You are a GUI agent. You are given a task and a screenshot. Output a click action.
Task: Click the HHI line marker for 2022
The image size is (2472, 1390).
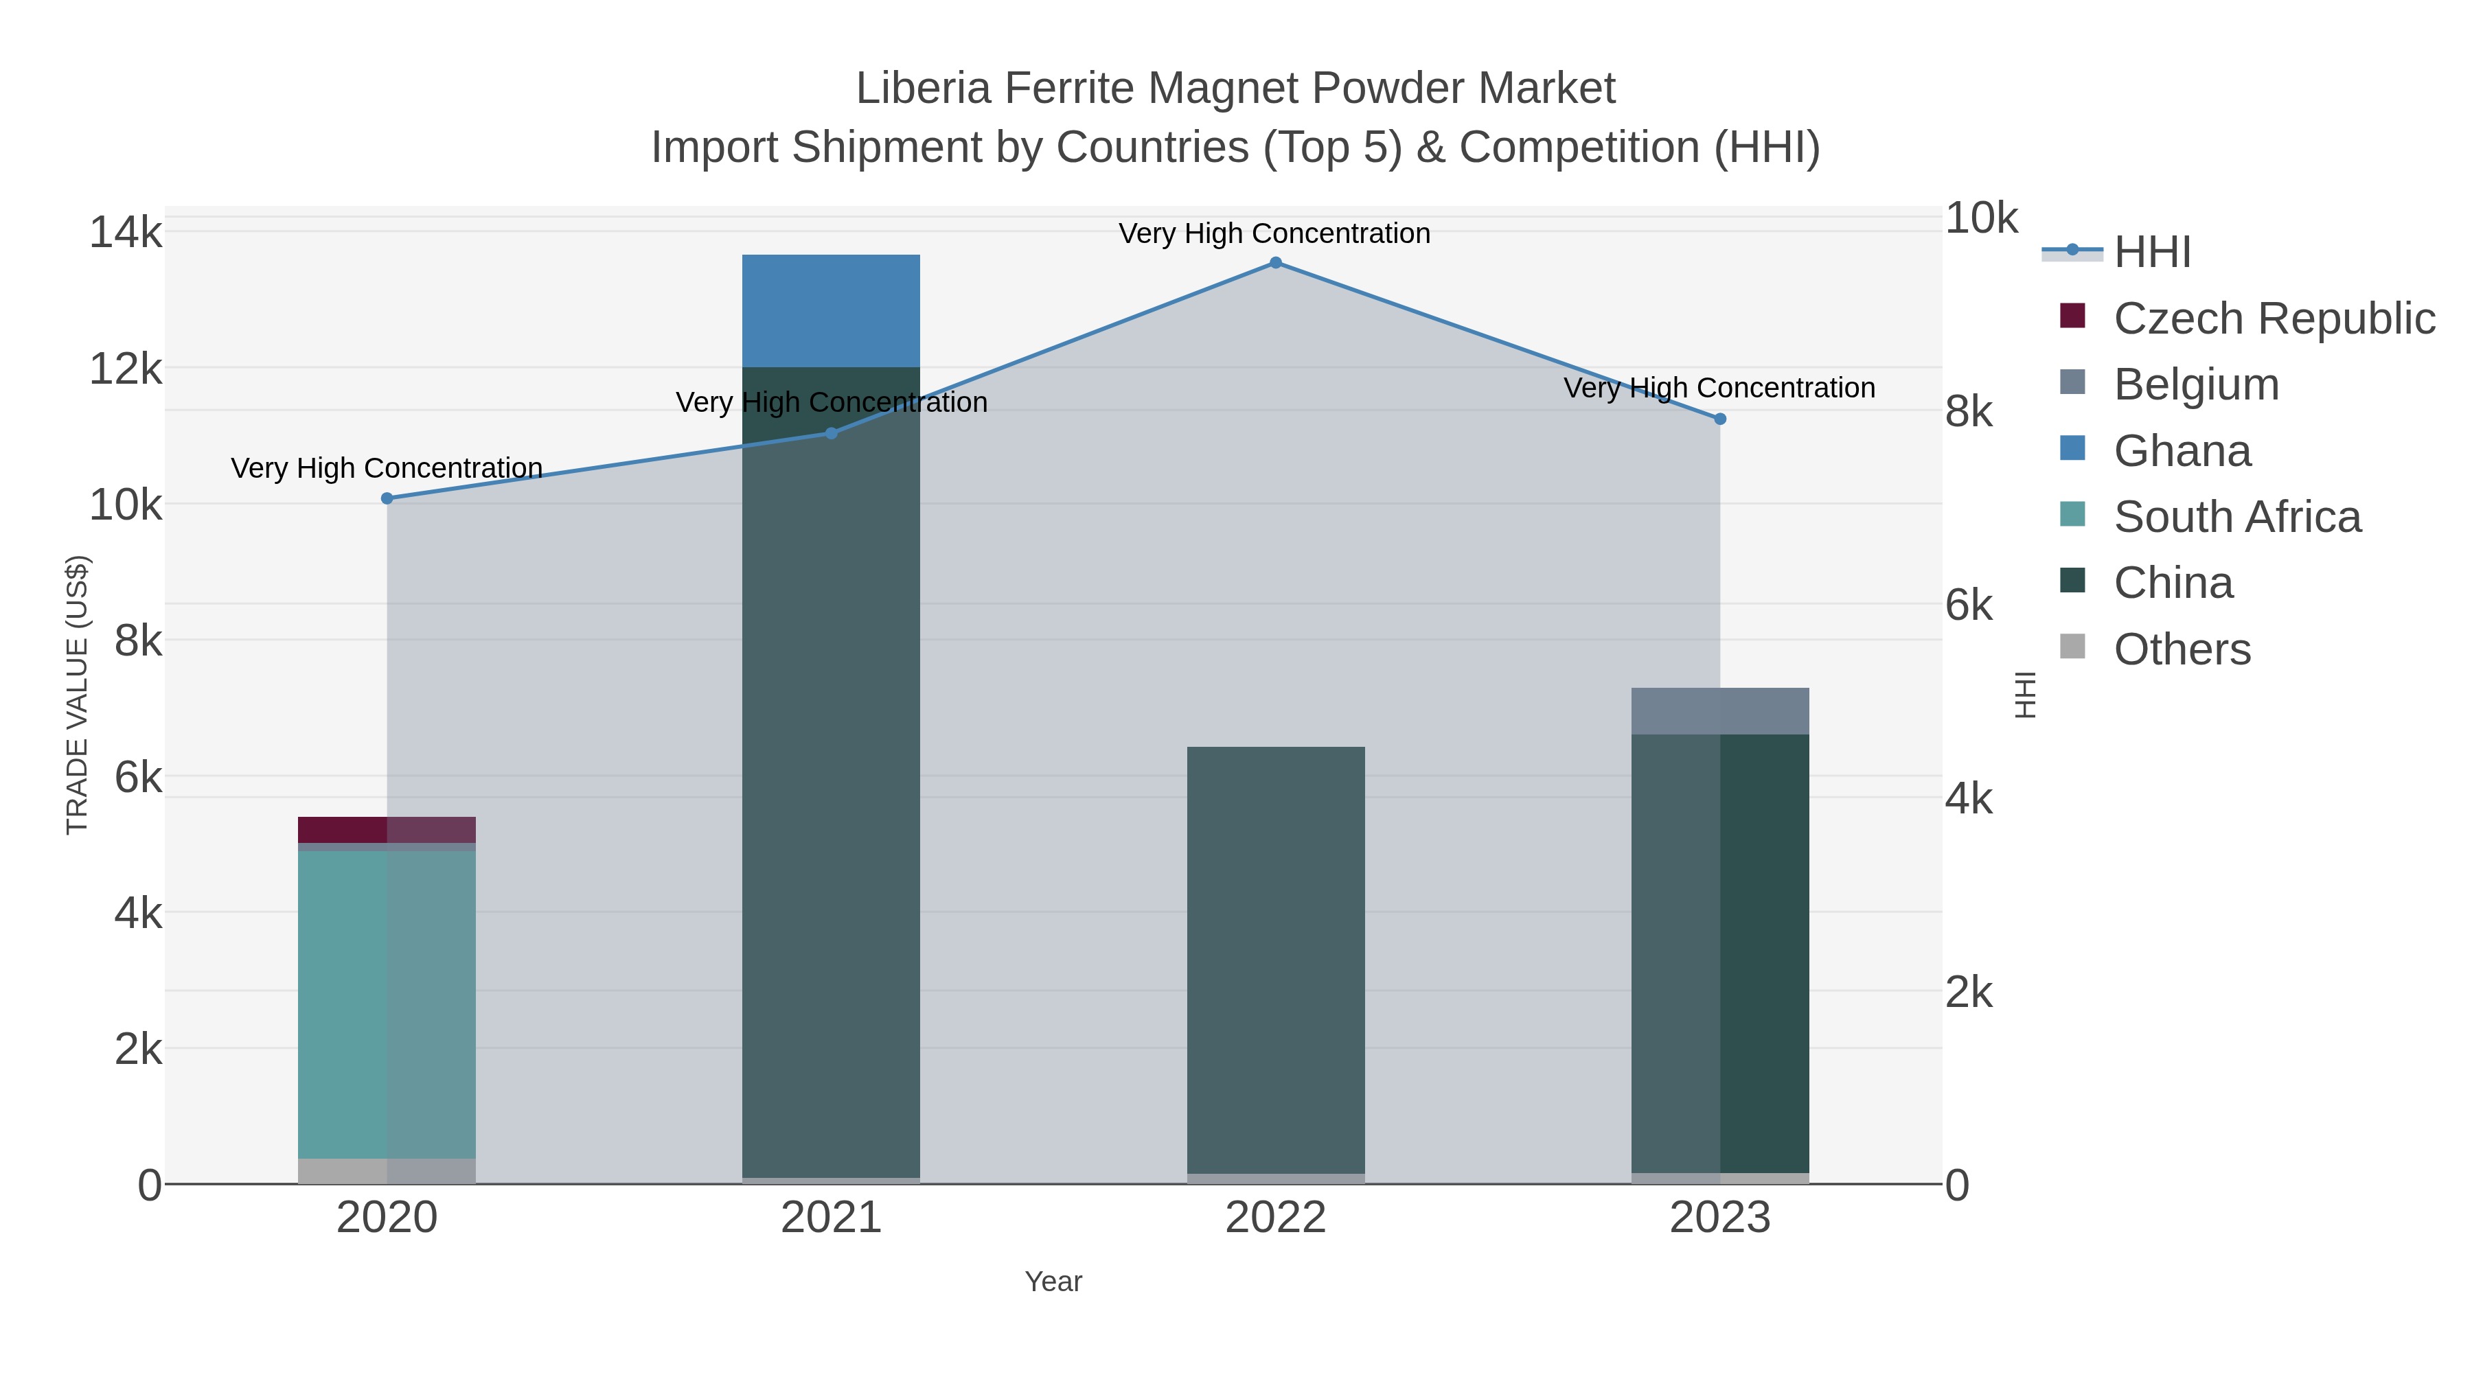pos(1275,263)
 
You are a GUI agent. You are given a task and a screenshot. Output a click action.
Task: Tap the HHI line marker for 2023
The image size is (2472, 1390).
pos(1719,419)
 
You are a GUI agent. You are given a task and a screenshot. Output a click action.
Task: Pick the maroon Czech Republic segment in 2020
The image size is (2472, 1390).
pos(387,830)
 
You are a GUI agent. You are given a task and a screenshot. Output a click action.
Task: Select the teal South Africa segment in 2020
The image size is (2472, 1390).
pos(387,1004)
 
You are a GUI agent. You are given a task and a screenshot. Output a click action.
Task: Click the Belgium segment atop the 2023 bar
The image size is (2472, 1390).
pos(1719,711)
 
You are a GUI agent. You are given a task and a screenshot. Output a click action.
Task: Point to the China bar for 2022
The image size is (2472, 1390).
pos(1275,960)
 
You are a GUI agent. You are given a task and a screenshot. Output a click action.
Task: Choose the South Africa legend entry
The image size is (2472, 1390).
pos(2236,517)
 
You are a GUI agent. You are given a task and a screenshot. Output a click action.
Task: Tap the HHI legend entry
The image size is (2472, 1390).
pos(2151,253)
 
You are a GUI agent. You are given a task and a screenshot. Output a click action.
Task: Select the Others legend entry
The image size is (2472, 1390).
pos(2182,649)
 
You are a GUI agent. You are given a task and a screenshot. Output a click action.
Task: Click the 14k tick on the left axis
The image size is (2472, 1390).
pos(126,233)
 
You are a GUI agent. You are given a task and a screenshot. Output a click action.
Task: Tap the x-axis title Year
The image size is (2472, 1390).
pos(1053,1282)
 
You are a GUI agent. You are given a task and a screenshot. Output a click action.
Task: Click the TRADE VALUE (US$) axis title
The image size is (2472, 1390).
pos(77,695)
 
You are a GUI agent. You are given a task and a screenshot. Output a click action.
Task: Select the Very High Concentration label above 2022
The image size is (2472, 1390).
pos(1274,233)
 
